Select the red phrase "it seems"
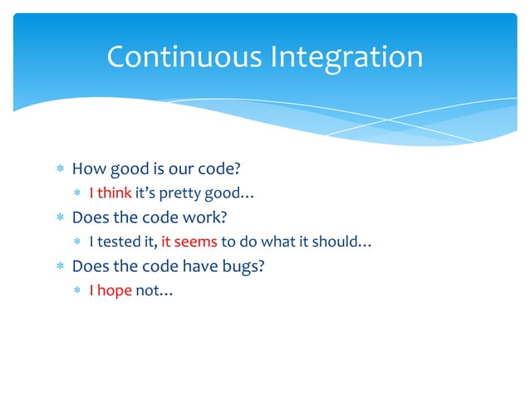tap(189, 243)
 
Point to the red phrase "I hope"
tap(110, 292)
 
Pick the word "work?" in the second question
tap(204, 218)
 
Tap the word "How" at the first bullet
tap(86, 169)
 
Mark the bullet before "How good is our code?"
tap(60, 170)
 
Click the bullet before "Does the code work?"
tap(60, 218)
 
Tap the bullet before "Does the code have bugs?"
tap(60, 267)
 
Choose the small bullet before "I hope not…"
tap(77, 292)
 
